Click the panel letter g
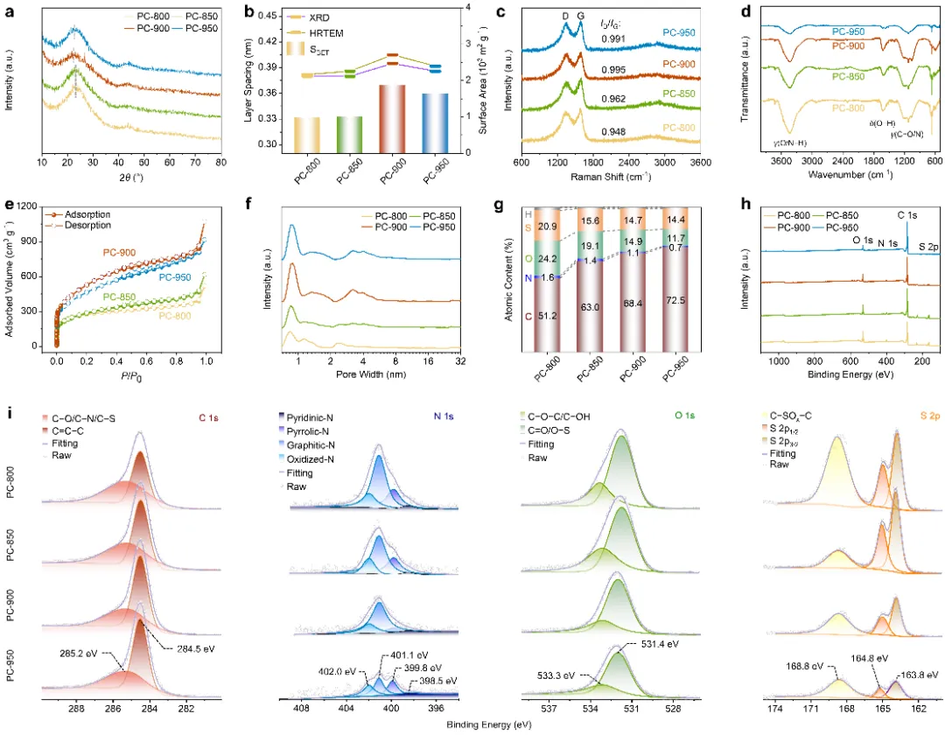point(497,206)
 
